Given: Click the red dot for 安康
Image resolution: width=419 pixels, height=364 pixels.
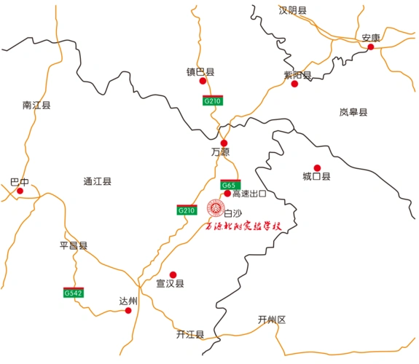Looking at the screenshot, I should [370, 47].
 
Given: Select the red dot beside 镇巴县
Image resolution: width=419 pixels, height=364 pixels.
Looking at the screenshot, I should [203, 81].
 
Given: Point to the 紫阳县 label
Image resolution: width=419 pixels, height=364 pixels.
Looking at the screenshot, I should [297, 75].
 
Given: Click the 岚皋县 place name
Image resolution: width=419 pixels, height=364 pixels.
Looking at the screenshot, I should [353, 112].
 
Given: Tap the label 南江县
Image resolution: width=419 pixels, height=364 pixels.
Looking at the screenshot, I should [36, 106].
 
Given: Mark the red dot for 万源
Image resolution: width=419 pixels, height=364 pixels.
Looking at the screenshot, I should [224, 143].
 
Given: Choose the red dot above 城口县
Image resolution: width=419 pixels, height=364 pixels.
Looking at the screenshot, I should [317, 167].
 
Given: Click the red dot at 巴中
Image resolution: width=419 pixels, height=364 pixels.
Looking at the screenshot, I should [20, 191].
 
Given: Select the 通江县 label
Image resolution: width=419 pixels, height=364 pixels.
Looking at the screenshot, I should [97, 181].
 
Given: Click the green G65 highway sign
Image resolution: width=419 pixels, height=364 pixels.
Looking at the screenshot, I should [230, 185].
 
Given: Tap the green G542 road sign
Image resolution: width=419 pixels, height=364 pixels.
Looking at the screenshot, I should [74, 293].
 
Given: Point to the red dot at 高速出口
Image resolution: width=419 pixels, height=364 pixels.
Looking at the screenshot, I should [227, 194].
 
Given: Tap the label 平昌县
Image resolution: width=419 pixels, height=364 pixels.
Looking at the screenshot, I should [73, 246].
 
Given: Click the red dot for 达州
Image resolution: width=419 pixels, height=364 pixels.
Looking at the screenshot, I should [128, 311].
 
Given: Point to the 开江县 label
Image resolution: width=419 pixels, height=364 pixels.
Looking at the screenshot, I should [190, 334].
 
